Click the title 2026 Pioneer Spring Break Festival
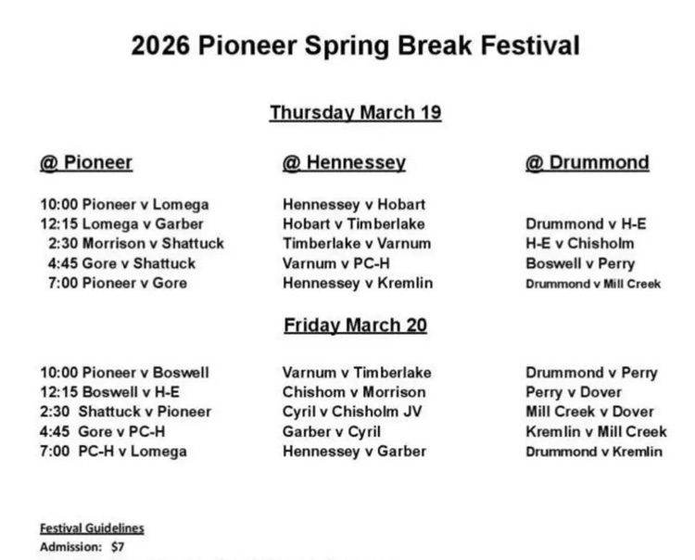[355, 45]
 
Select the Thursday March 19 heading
[355, 113]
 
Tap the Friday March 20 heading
[355, 325]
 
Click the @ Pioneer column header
[86, 163]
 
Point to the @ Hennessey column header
[344, 163]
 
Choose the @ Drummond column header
[587, 163]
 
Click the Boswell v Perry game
[579, 263]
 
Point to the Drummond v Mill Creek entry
[593, 284]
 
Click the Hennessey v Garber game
[354, 452]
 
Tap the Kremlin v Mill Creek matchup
[596, 431]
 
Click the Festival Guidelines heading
[92, 528]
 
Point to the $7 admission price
[118, 547]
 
